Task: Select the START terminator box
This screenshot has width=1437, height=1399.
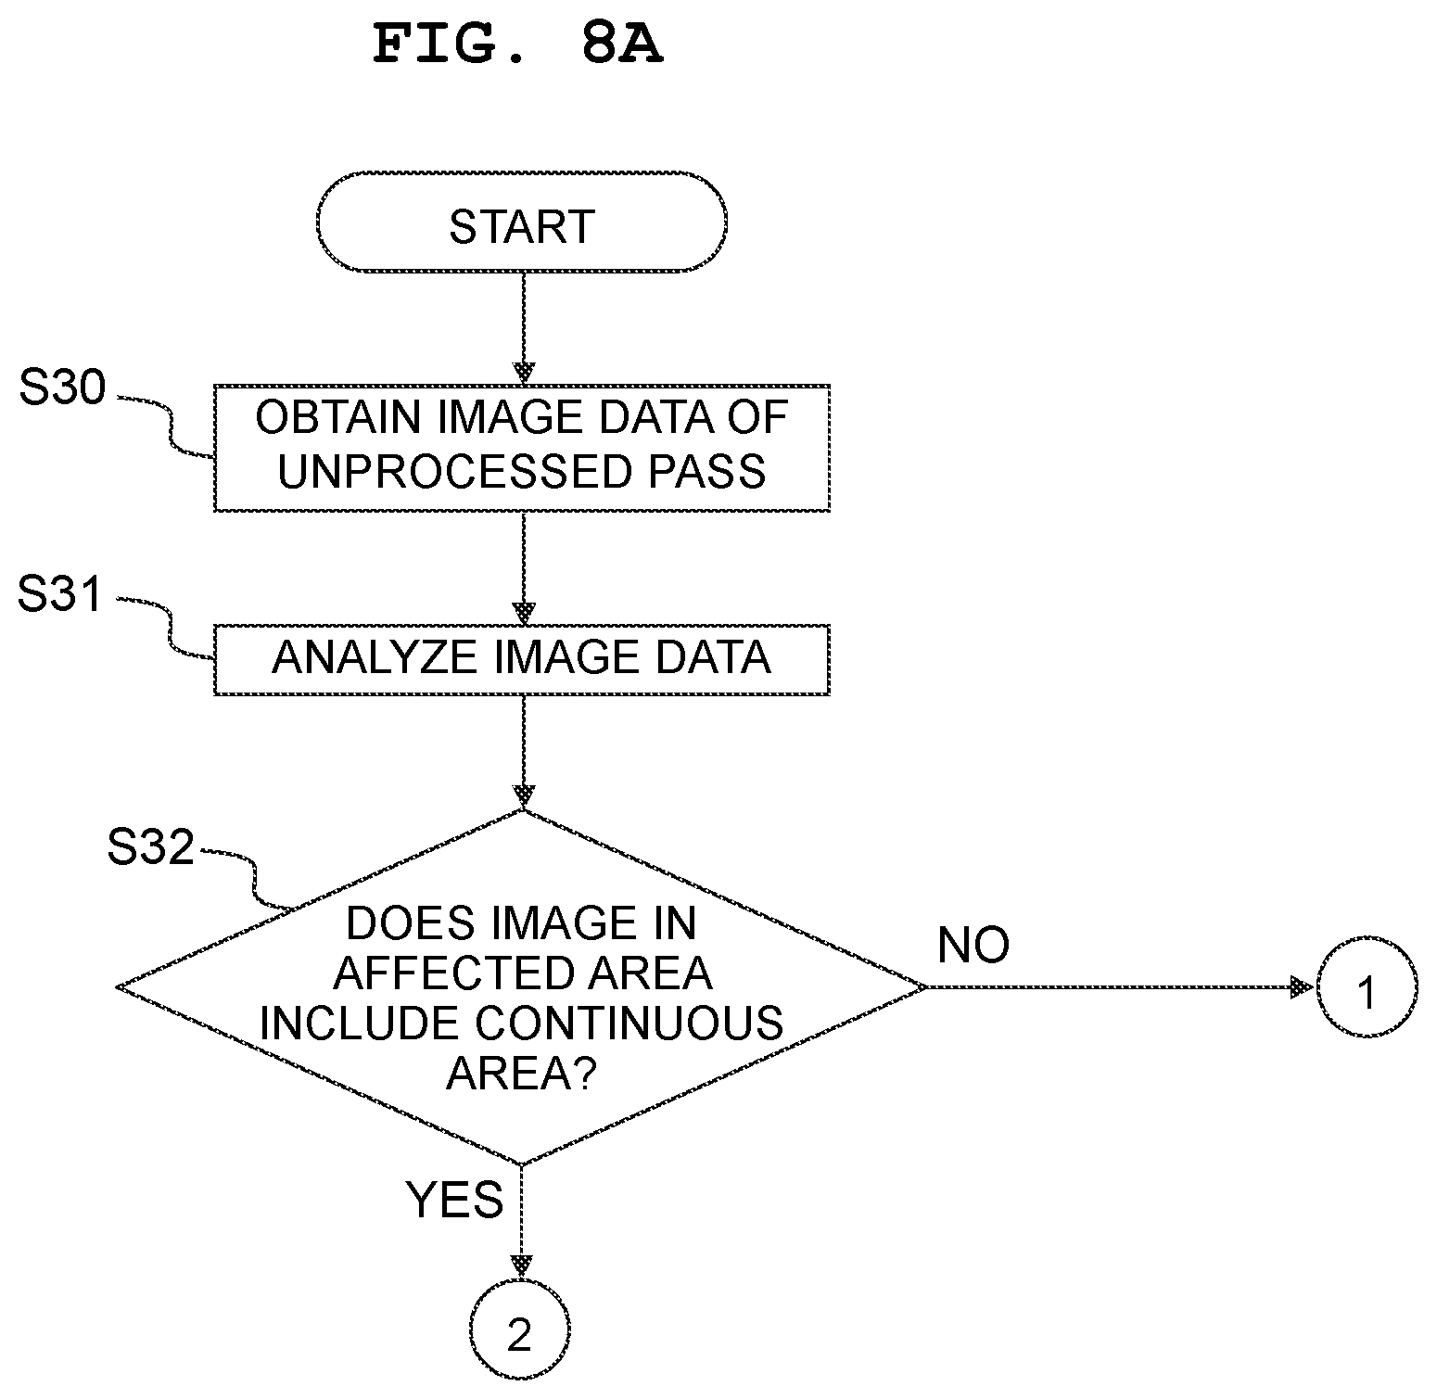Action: [x=521, y=223]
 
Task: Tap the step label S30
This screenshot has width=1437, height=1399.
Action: [x=63, y=389]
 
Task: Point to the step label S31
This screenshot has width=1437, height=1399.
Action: [x=61, y=593]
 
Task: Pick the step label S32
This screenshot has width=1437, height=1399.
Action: [x=151, y=847]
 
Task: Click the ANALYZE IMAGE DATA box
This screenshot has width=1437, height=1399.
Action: [x=521, y=659]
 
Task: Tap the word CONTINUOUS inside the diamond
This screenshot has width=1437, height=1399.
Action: [x=630, y=1023]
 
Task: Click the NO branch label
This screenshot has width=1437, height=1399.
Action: [x=973, y=945]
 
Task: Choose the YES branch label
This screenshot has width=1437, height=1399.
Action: [x=455, y=1200]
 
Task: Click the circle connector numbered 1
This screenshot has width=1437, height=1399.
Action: [x=1367, y=989]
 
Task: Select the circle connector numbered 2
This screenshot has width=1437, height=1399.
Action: [x=520, y=1335]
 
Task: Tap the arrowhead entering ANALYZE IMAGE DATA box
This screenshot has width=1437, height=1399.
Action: [x=524, y=614]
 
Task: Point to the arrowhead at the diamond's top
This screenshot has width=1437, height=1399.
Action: [x=524, y=796]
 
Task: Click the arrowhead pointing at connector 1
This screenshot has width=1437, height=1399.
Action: [x=1303, y=987]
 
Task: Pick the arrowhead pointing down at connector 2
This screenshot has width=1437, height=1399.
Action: [x=522, y=1266]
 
